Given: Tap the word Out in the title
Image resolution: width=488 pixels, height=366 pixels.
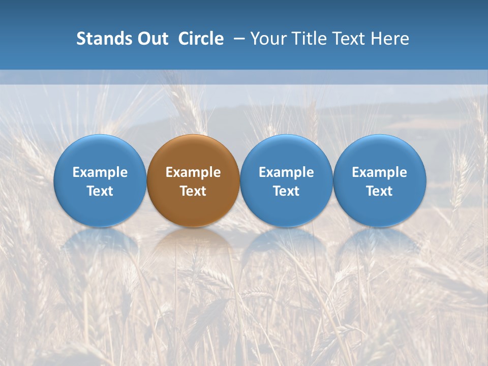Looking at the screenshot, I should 152,39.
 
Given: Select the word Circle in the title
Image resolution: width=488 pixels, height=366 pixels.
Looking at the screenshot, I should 201,39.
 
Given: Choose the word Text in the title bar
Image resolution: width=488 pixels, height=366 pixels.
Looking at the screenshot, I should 345,39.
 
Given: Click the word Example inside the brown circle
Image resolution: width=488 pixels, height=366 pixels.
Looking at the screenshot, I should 193,172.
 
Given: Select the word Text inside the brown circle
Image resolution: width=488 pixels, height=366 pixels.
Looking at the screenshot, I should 193,191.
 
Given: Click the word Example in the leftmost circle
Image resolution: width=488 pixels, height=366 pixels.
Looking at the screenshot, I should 100,172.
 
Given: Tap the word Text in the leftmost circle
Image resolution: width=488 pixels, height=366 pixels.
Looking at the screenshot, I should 100,191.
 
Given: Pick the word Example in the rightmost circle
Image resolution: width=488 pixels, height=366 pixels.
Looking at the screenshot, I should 379,172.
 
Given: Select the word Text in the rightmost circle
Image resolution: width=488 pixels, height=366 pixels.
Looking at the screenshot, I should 379,191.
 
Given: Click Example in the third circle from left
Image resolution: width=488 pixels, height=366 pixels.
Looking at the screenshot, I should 286,172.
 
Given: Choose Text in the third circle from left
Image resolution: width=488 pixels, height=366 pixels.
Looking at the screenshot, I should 286,191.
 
